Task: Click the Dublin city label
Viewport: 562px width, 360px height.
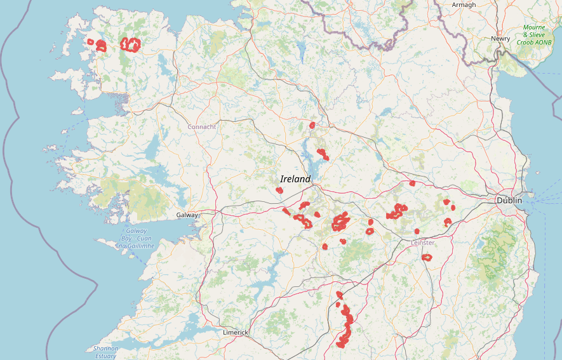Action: (x=509, y=201)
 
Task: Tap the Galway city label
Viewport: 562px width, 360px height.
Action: (x=187, y=215)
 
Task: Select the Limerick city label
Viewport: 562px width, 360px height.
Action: (x=235, y=333)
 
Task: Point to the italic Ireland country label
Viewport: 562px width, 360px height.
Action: (x=295, y=179)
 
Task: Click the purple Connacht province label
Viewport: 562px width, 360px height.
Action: (x=201, y=127)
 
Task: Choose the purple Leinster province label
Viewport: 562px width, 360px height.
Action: (x=423, y=243)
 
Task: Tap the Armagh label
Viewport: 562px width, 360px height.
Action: (x=464, y=5)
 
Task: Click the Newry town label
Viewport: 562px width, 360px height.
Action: (x=500, y=39)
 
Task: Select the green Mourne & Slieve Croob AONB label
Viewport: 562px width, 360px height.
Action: (x=533, y=35)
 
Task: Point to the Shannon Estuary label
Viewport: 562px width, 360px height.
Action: (x=105, y=352)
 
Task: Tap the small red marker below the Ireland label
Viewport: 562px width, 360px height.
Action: (x=279, y=190)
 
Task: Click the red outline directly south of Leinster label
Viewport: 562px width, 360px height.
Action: (x=427, y=258)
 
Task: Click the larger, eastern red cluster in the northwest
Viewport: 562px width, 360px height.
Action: (x=131, y=44)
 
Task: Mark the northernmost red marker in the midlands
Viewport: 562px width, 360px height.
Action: (x=312, y=125)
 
